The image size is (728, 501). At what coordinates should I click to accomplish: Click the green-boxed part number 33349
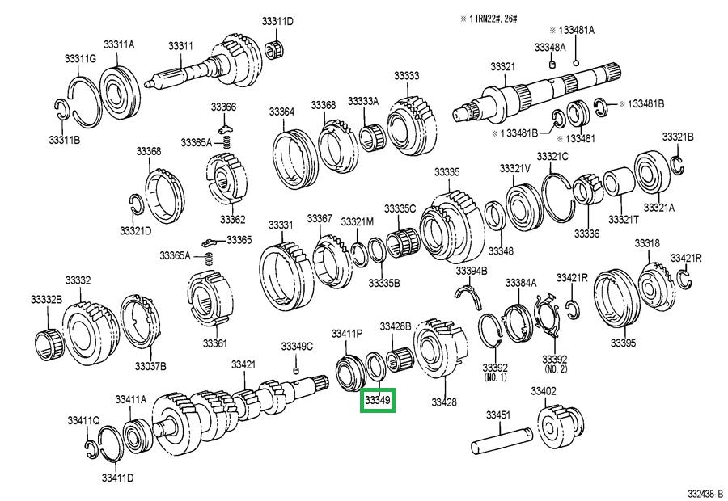pos(377,400)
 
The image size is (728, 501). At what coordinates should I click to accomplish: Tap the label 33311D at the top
pos(277,21)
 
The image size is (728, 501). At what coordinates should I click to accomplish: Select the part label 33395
pos(623,343)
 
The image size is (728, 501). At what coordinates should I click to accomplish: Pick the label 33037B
pos(150,366)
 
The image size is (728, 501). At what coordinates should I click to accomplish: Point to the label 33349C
pos(297,347)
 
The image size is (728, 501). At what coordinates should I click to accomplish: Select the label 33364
pos(281,111)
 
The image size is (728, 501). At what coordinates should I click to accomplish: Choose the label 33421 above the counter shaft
pos(243,364)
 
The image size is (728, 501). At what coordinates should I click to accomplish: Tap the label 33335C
pos(400,208)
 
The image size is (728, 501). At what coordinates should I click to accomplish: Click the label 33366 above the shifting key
pos(223,107)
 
